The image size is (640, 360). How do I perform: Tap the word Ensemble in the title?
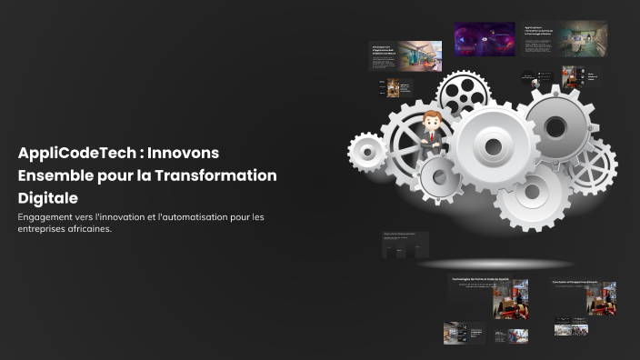[x=56, y=175]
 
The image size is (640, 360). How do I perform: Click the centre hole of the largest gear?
[x=493, y=146]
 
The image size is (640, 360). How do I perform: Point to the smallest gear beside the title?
[x=367, y=152]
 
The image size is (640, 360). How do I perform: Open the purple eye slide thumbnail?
[x=485, y=39]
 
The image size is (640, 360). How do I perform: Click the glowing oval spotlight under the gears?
[x=495, y=264]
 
